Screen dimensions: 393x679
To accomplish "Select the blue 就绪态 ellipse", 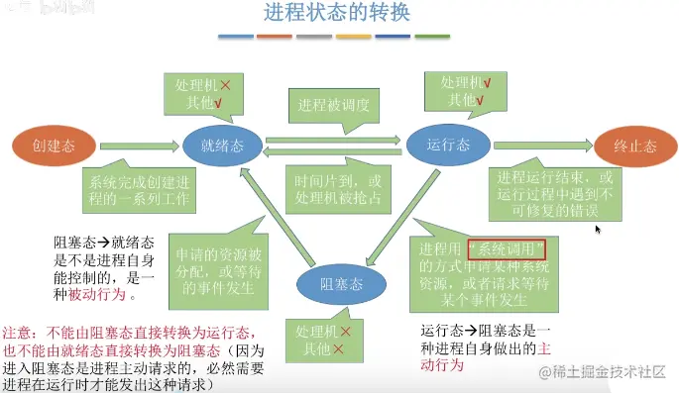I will [221, 147].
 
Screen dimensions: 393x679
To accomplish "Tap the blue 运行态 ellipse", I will [447, 146].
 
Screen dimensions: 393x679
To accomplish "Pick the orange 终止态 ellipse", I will [633, 147].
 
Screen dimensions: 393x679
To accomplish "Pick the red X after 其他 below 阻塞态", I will [338, 349].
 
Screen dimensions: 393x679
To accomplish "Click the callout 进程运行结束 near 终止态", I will [554, 187].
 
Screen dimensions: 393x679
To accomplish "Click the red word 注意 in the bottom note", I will [20, 331].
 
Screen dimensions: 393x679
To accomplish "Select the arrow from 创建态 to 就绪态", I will [137, 147].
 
